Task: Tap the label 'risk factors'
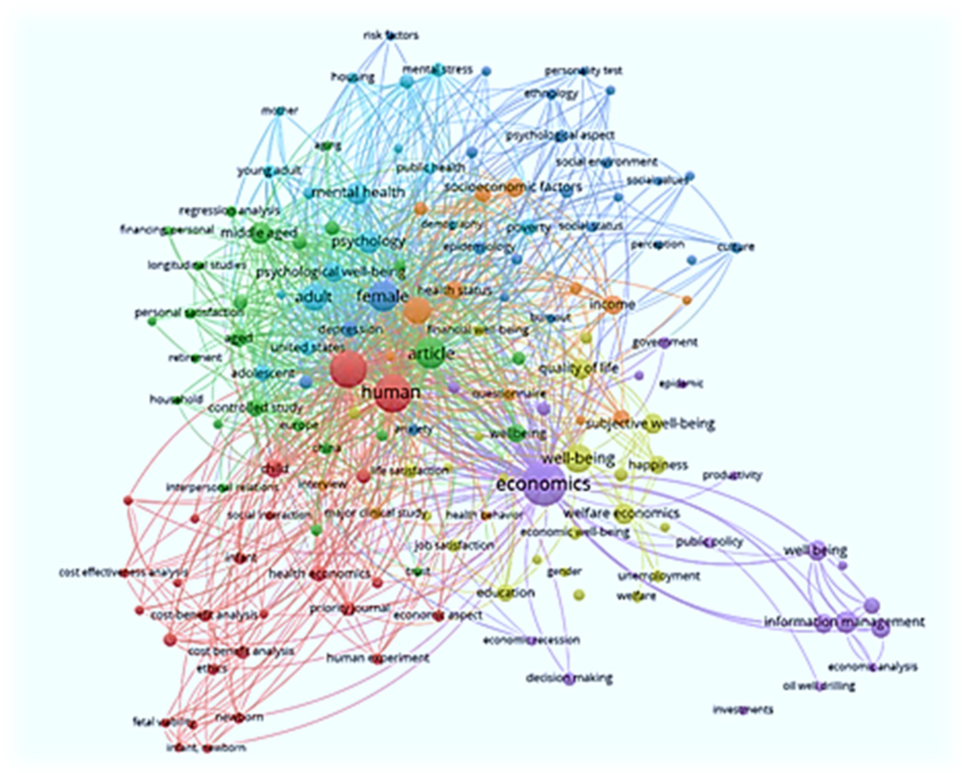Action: (x=391, y=35)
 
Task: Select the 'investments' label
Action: (x=743, y=709)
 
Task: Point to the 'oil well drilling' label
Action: (x=819, y=686)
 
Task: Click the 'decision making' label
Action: (x=569, y=679)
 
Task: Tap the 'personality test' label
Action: (x=583, y=71)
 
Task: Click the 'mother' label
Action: (x=280, y=111)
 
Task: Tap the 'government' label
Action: (x=665, y=342)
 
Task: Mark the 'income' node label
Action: (x=612, y=305)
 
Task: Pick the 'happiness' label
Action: (x=658, y=465)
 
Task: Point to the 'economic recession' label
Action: (x=531, y=641)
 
